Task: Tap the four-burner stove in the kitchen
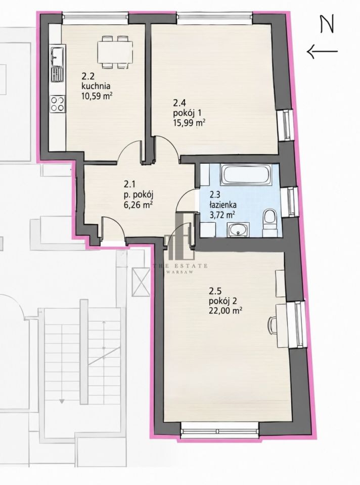[58, 104]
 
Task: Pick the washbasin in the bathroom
[238, 230]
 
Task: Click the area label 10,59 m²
[97, 96]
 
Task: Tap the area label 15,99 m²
[190, 123]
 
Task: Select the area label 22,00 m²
[226, 311]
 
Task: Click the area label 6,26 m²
[139, 205]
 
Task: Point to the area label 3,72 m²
[222, 214]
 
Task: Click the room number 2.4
[179, 103]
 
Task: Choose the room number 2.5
[215, 292]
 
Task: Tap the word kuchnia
[96, 86]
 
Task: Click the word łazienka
[223, 205]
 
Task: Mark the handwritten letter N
[327, 24]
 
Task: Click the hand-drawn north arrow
[322, 51]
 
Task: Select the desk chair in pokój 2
[272, 325]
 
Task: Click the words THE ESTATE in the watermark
[181, 266]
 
